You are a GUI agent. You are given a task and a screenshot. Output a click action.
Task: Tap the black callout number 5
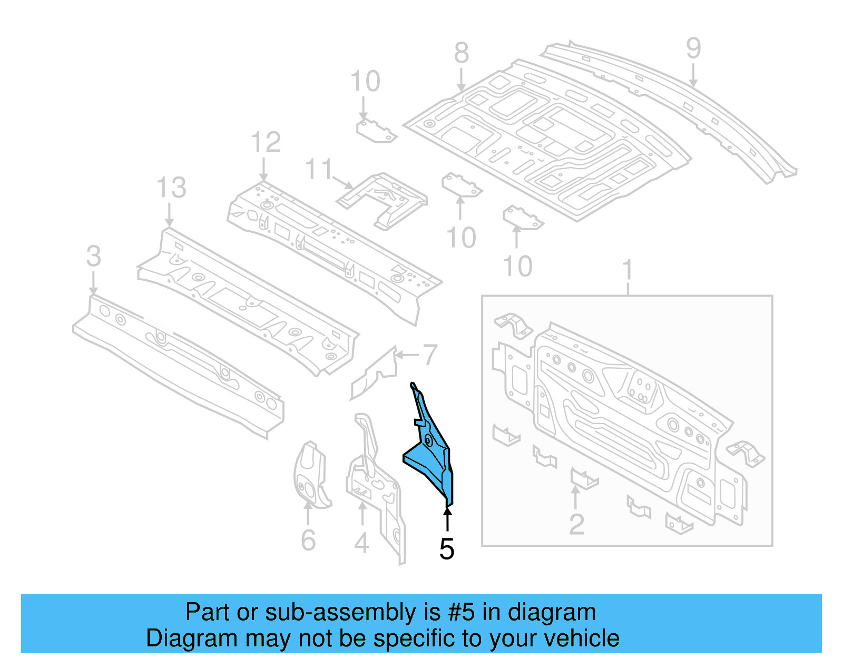[447, 549]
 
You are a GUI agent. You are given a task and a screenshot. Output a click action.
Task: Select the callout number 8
[462, 53]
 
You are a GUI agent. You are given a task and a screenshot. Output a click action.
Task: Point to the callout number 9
[693, 48]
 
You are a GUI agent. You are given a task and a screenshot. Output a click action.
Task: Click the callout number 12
[266, 143]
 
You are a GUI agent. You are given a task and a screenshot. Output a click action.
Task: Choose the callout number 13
[171, 188]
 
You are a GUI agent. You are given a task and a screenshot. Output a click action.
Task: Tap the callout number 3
[93, 257]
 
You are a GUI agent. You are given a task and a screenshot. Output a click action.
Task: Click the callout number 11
[319, 170]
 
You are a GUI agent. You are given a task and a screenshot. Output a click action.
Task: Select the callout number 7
[430, 355]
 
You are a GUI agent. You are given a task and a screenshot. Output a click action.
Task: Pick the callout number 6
[308, 541]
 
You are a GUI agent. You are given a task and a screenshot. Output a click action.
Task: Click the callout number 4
[361, 543]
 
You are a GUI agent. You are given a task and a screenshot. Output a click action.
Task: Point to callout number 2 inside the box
[576, 524]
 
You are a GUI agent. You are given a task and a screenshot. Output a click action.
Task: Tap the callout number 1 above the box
[627, 270]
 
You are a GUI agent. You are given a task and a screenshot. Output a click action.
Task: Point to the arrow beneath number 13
[169, 216]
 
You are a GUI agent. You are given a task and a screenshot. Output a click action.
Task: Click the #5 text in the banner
[462, 613]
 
